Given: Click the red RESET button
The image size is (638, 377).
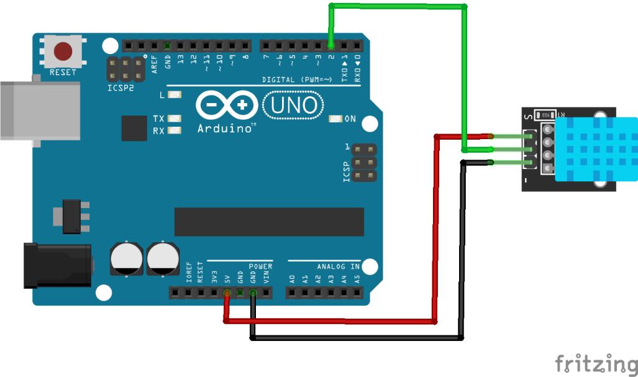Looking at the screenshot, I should coord(63,51).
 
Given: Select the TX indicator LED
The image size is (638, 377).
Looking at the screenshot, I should coord(175,118).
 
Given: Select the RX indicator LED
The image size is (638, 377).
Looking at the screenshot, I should coord(175,130).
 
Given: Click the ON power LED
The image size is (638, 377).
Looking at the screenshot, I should coord(335,119).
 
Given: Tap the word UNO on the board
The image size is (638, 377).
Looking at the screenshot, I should coord(294,106).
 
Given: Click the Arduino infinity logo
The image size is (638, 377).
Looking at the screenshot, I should coord(226,106).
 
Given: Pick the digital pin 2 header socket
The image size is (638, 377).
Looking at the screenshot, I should coord(330,45).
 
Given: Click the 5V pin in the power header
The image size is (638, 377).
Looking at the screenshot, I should coord(227,292).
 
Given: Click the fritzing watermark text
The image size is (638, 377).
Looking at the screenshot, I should coord(596,363).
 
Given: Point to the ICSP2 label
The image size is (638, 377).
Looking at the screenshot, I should coord(121,88).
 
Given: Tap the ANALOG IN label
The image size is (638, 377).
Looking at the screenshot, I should coord(339,266).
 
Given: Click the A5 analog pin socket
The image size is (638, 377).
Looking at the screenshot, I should coord(357,292).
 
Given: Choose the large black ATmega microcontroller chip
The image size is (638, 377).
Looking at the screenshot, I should coord(268,222).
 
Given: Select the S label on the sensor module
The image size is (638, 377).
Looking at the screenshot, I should coord(527,116).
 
